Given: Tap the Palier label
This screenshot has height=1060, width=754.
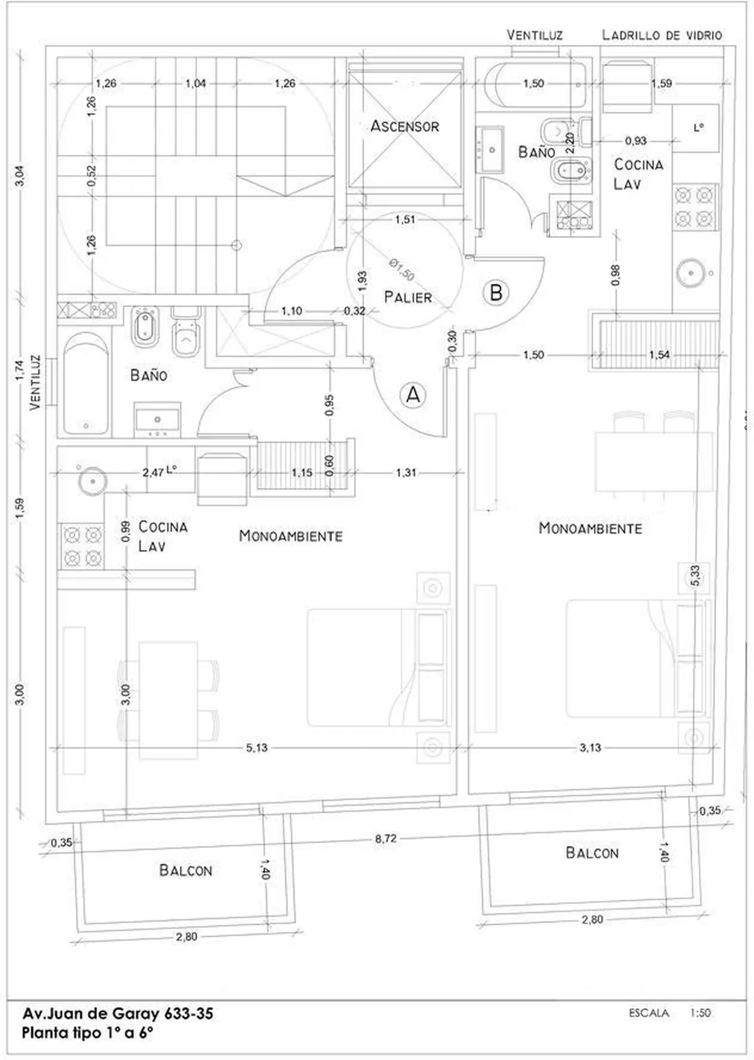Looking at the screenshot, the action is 408,297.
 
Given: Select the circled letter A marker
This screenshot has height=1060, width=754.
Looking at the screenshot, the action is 413,395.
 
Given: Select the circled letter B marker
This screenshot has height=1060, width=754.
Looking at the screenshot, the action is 496,293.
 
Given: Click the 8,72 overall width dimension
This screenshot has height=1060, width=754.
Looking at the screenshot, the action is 386,838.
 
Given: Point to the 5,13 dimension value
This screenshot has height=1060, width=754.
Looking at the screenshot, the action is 257,747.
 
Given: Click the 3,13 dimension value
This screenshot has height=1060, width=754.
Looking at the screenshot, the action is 590,747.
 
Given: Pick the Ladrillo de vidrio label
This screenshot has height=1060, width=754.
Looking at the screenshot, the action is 662,35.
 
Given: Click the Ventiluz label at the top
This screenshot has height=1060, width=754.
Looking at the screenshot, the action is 534,35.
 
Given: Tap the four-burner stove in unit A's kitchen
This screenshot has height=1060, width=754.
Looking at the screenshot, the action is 82,546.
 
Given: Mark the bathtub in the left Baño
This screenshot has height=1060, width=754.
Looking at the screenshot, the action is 86,385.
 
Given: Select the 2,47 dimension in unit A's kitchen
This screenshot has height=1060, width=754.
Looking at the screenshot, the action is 153,472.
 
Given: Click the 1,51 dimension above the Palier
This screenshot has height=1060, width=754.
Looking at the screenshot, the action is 405,219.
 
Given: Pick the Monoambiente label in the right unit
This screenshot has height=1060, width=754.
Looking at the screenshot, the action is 590,528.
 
